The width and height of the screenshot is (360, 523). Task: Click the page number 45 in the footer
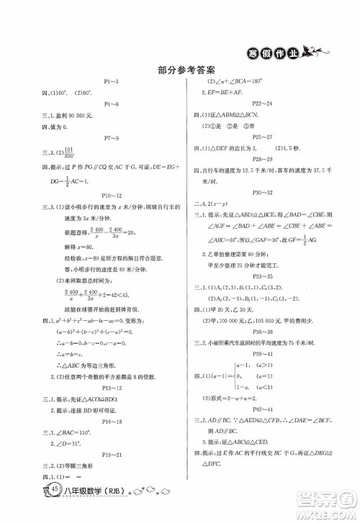click(x=36, y=510)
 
